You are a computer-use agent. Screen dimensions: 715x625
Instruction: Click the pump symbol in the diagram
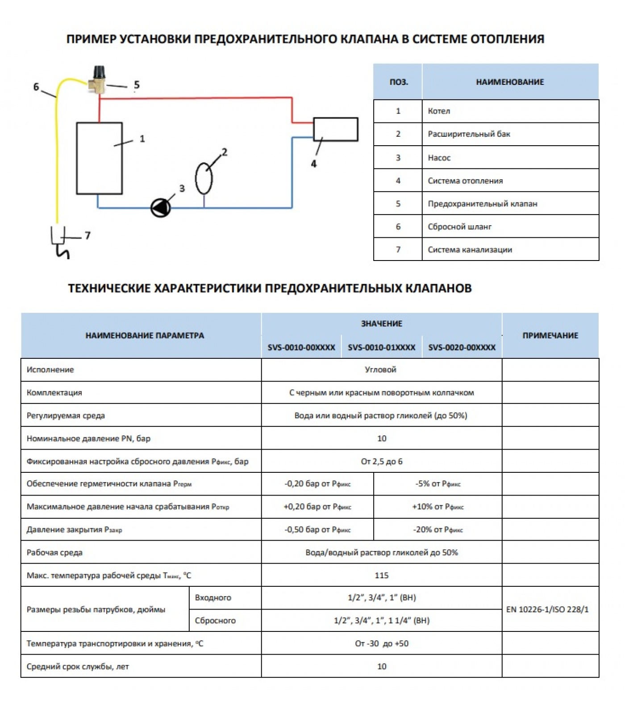tap(161, 208)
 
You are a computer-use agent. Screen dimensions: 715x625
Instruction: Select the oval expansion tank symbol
tap(204, 178)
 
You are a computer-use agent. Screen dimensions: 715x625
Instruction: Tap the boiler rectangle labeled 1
tap(99, 158)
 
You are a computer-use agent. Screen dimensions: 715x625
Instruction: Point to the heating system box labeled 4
tap(335, 129)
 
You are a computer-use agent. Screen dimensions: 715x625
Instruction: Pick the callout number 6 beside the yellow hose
tap(36, 87)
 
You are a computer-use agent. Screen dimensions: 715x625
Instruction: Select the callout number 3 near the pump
tap(182, 189)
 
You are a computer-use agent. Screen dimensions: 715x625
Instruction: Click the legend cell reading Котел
tap(439, 111)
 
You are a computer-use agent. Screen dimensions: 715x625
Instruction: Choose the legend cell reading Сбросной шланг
tap(459, 227)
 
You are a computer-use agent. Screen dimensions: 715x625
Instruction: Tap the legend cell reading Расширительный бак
tap(469, 134)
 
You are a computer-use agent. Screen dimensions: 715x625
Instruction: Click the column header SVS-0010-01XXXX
tap(381, 348)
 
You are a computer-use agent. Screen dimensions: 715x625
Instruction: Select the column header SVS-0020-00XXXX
tap(462, 348)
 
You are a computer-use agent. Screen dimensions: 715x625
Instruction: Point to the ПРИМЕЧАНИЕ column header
tap(550, 336)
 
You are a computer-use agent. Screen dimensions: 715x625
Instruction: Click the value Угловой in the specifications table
tap(380, 370)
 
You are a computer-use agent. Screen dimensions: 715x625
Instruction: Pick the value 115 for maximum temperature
tap(381, 576)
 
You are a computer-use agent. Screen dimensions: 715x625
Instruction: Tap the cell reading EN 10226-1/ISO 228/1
tap(547, 610)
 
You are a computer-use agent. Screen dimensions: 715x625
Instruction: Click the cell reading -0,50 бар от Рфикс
tap(317, 530)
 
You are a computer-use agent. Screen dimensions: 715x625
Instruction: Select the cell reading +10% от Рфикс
tap(437, 507)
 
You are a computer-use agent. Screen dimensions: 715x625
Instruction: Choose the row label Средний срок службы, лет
tap(78, 667)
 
